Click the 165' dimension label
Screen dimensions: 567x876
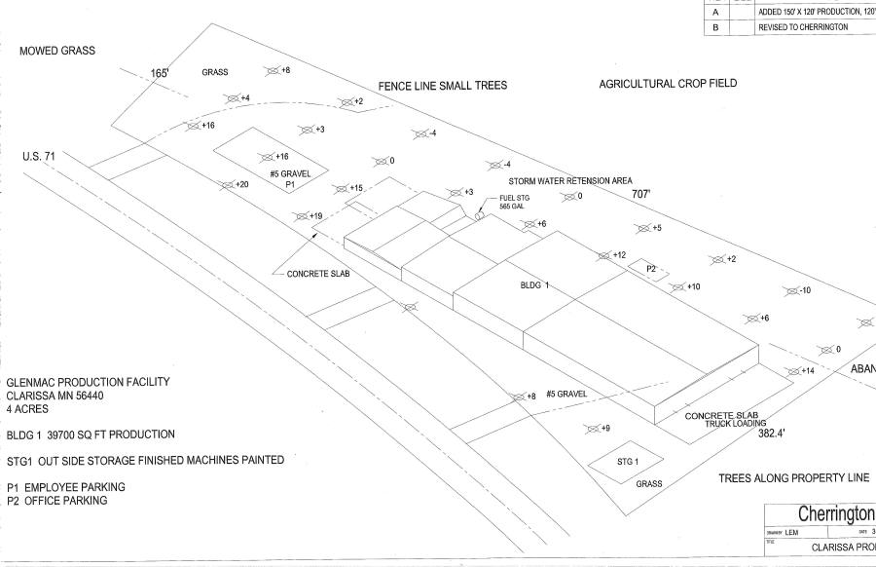(160, 73)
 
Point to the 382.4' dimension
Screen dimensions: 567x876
(776, 434)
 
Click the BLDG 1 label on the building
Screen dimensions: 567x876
(534, 285)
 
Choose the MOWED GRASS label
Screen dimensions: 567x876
(57, 51)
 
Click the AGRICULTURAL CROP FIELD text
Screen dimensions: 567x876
(668, 84)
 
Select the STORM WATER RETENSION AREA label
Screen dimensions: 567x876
(571, 180)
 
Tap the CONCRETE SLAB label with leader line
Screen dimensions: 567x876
(317, 274)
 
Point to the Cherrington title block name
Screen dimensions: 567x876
(836, 513)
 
